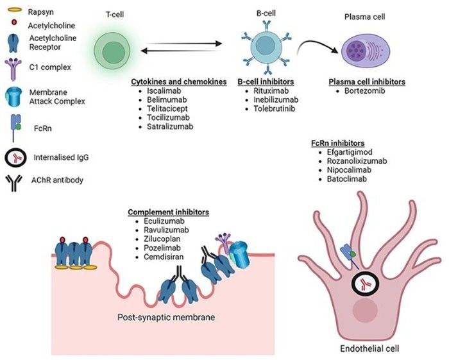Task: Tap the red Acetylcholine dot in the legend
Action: point(13,25)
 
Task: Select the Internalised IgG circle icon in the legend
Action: point(14,157)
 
